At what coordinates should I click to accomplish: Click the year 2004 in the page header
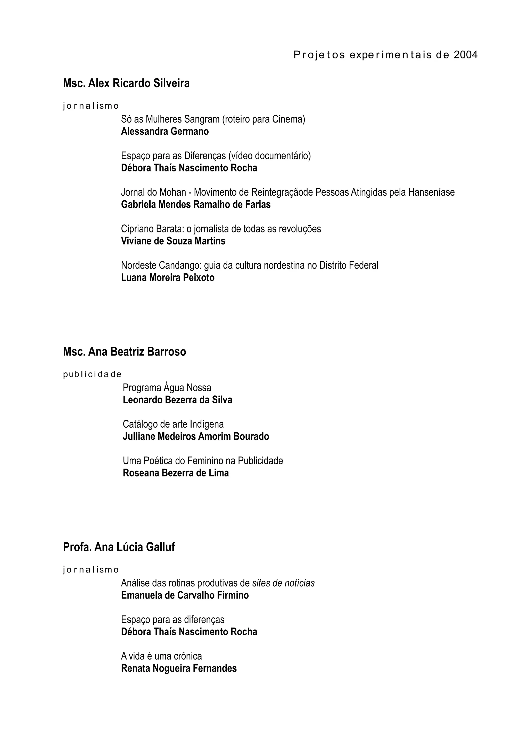[x=466, y=55]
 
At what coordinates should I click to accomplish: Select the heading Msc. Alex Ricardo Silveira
[x=126, y=83]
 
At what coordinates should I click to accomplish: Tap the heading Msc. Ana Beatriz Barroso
[x=125, y=352]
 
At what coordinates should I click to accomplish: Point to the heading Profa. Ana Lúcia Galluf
[x=119, y=547]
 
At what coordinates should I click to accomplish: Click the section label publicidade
[x=92, y=374]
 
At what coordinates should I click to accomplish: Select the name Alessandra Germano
[x=165, y=132]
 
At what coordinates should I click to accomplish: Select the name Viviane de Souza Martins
[x=173, y=241]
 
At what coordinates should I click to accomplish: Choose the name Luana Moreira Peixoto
[x=168, y=278]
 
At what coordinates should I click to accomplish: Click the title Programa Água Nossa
[x=167, y=388]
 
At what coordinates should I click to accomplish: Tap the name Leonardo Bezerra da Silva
[x=177, y=400]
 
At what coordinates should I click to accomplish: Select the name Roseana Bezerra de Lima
[x=176, y=473]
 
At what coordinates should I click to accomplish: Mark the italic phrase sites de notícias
[x=283, y=583]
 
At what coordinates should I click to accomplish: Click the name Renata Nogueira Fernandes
[x=179, y=668]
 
